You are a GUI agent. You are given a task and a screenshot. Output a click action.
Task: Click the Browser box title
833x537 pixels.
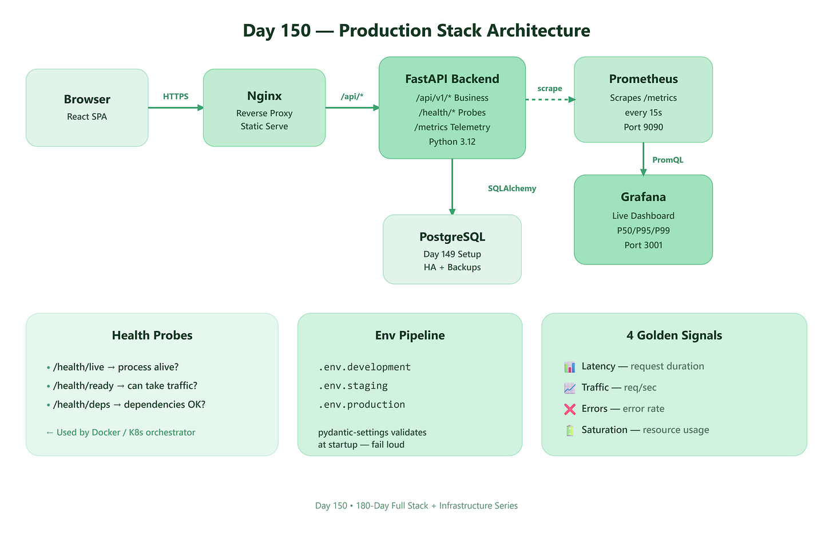(x=87, y=100)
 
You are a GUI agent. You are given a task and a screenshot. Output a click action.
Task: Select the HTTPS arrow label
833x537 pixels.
(x=176, y=96)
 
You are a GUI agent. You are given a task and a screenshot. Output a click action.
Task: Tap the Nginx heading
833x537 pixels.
(x=264, y=96)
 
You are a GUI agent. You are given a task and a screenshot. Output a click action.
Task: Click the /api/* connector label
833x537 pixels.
(x=352, y=96)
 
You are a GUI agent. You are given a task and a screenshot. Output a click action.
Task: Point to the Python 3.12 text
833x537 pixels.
(x=452, y=142)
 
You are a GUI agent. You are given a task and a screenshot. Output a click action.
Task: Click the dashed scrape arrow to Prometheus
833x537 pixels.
(x=550, y=100)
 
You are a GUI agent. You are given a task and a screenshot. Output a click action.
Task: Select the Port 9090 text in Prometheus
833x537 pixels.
(x=643, y=127)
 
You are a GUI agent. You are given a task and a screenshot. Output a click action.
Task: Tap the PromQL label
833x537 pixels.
(x=668, y=160)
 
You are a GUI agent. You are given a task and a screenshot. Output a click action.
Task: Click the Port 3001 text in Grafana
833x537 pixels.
(x=643, y=245)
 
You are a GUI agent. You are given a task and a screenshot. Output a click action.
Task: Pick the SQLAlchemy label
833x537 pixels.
(x=511, y=189)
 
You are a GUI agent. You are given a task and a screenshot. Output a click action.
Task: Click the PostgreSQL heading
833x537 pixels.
(x=452, y=237)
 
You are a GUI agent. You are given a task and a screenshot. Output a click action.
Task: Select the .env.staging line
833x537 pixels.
(x=353, y=386)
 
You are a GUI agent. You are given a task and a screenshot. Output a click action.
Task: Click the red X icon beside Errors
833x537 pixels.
(x=570, y=409)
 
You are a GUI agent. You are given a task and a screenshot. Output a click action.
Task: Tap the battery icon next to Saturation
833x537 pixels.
(x=570, y=431)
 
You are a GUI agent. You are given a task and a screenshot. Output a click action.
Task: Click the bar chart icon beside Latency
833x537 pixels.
(x=570, y=367)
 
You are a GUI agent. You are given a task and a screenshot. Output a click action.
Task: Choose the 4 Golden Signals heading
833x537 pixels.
(x=674, y=335)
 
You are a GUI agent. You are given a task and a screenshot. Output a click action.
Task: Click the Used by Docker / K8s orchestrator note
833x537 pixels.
(x=121, y=432)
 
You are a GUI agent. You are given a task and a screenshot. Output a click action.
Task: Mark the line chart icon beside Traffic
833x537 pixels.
(x=570, y=388)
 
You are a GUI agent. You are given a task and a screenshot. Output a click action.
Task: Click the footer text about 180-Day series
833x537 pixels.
(x=416, y=506)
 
